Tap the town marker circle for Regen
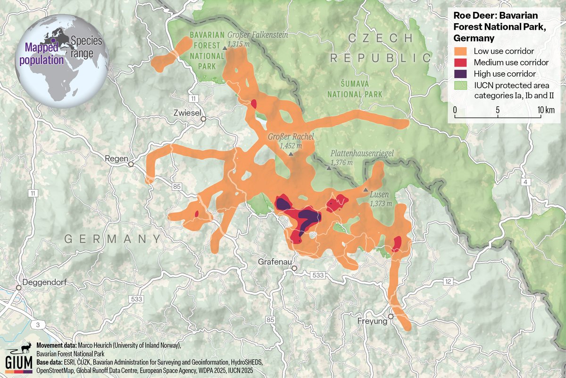pyautogui.click(x=131, y=164)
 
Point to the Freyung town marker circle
pyautogui.click(x=391, y=316)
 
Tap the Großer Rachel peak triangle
pyautogui.click(x=291, y=154)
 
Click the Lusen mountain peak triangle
pyautogui.click(x=366, y=189)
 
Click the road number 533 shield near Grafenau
pyautogui.click(x=318, y=275)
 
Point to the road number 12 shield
pyautogui.click(x=448, y=282)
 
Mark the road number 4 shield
pyautogui.click(x=524, y=182)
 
